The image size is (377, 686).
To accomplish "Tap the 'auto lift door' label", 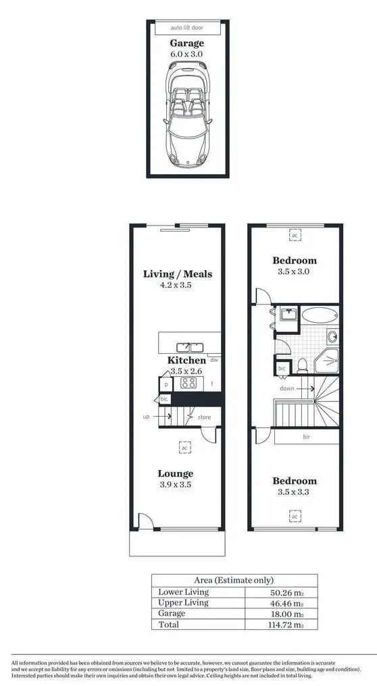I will coord(186,28).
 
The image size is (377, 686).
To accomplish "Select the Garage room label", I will coord(186,43).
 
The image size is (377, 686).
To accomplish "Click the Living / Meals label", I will coord(178,274).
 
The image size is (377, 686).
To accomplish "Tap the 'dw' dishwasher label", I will coord(213,361).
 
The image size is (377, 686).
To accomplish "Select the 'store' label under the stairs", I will coord(204,417).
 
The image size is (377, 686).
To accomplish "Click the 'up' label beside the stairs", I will coord(146,417).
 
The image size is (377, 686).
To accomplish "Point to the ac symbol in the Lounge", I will coord(184,447).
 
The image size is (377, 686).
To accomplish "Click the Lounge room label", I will coord(176,473).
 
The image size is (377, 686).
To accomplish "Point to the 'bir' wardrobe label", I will coord(305,437).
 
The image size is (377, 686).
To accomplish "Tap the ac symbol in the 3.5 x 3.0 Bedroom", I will coord(295,235).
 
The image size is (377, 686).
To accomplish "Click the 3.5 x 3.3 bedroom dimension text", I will coord(294,493).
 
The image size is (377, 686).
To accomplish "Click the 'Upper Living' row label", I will coord(183,602).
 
